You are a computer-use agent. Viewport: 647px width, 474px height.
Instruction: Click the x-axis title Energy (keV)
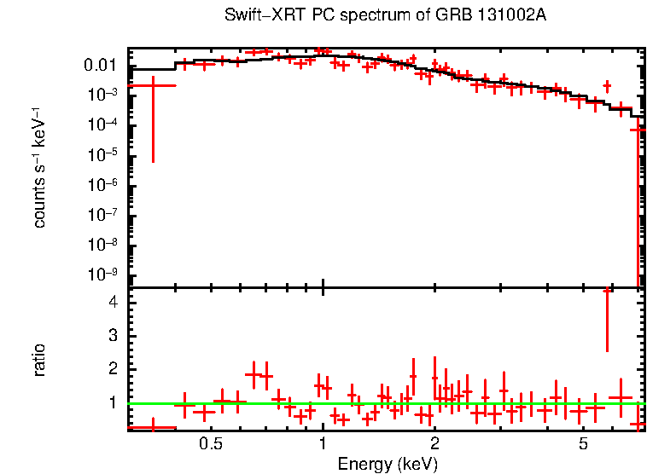point(388,464)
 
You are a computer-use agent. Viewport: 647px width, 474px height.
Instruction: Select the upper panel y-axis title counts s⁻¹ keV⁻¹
point(39,171)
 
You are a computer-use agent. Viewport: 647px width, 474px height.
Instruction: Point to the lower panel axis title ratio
point(39,359)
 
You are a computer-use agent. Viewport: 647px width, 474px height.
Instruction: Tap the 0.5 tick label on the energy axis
point(211,445)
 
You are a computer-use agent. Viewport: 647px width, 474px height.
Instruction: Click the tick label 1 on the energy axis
point(323,445)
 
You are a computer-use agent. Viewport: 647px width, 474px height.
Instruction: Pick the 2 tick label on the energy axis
point(434,445)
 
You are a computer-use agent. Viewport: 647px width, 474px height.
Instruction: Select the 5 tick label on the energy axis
point(583,445)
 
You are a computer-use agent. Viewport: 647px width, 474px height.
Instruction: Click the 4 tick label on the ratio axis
point(114,303)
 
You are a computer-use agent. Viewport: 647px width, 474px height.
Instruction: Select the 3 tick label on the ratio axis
point(114,336)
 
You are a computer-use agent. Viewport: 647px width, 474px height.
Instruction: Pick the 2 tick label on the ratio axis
point(114,369)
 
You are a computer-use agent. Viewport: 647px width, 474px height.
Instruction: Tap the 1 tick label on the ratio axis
point(114,402)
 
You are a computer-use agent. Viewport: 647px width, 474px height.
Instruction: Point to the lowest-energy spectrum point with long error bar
point(152,86)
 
